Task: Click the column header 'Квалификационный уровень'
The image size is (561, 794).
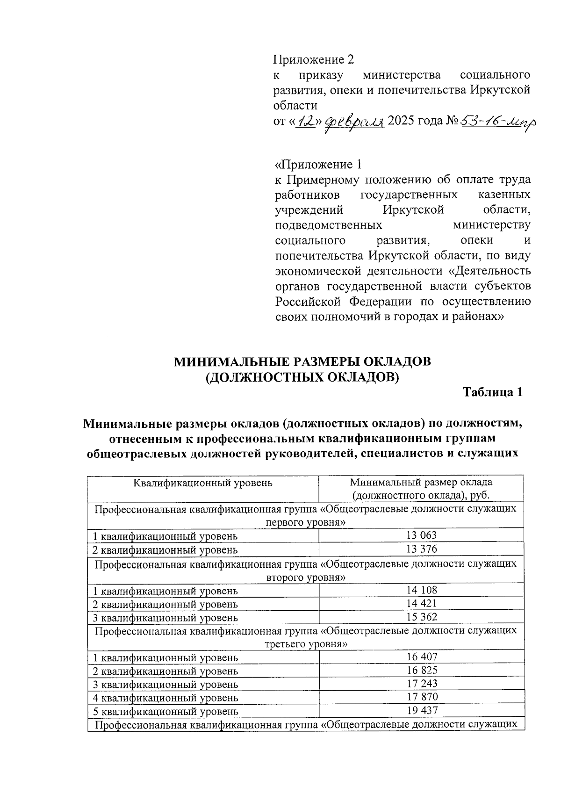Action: click(x=203, y=482)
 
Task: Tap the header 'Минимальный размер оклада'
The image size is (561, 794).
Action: click(x=421, y=482)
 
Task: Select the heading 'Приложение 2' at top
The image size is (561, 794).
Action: click(x=313, y=60)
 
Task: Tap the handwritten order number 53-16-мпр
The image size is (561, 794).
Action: click(x=498, y=123)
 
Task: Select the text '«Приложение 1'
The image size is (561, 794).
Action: click(x=318, y=164)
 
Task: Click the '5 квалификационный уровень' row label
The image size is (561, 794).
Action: click(x=165, y=711)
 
